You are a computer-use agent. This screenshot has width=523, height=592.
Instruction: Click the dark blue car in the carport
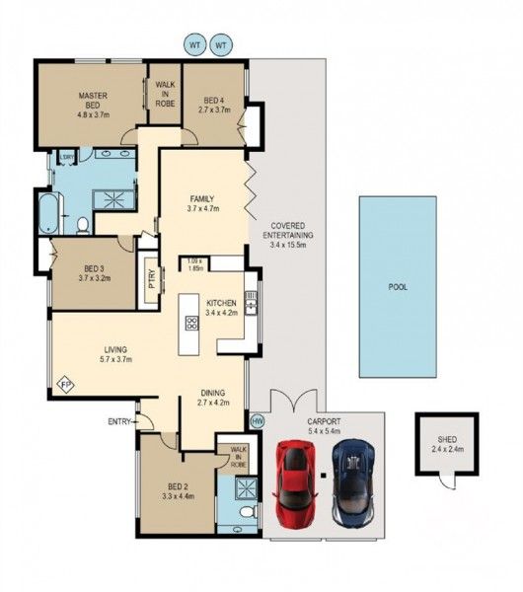(x=354, y=482)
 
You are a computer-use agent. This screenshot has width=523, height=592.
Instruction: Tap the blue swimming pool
(x=398, y=286)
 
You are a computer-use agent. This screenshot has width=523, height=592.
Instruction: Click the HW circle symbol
(x=259, y=421)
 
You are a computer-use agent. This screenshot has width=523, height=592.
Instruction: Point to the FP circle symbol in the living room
(x=67, y=383)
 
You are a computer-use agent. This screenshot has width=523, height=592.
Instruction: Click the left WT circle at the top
(x=196, y=45)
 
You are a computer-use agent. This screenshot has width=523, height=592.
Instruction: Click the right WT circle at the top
(x=221, y=45)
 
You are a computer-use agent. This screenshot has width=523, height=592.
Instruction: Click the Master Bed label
(x=93, y=102)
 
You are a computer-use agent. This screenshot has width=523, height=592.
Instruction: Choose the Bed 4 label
(x=214, y=106)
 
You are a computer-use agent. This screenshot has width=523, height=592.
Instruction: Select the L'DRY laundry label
(x=68, y=157)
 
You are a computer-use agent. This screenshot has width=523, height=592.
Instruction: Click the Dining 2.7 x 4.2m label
(x=214, y=397)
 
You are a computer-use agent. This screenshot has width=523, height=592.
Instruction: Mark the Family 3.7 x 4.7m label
(x=202, y=203)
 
